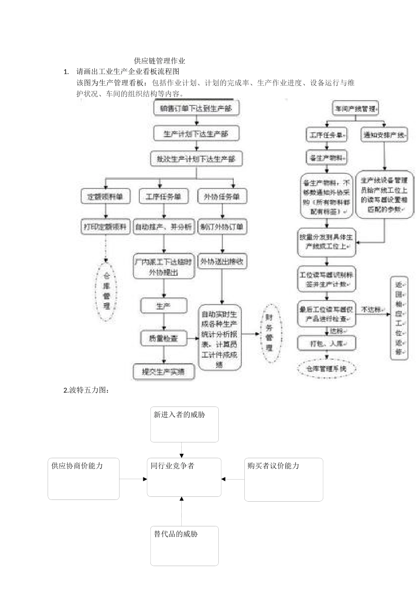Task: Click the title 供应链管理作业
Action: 159,61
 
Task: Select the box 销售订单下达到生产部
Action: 196,108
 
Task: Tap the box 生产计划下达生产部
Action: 196,133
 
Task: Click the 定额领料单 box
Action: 105,197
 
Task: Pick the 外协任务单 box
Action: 222,197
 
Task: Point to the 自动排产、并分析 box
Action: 164,227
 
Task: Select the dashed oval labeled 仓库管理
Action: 106,291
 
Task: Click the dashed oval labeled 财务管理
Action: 269,333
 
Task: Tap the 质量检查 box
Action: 164,338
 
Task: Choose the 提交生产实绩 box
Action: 164,372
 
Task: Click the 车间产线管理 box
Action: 355,108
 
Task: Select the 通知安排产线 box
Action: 384,135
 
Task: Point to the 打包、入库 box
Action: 326,343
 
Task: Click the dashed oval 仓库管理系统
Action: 326,368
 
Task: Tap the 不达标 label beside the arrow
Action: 371,310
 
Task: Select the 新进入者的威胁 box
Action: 184,424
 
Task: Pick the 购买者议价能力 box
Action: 284,479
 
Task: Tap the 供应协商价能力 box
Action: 83,478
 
